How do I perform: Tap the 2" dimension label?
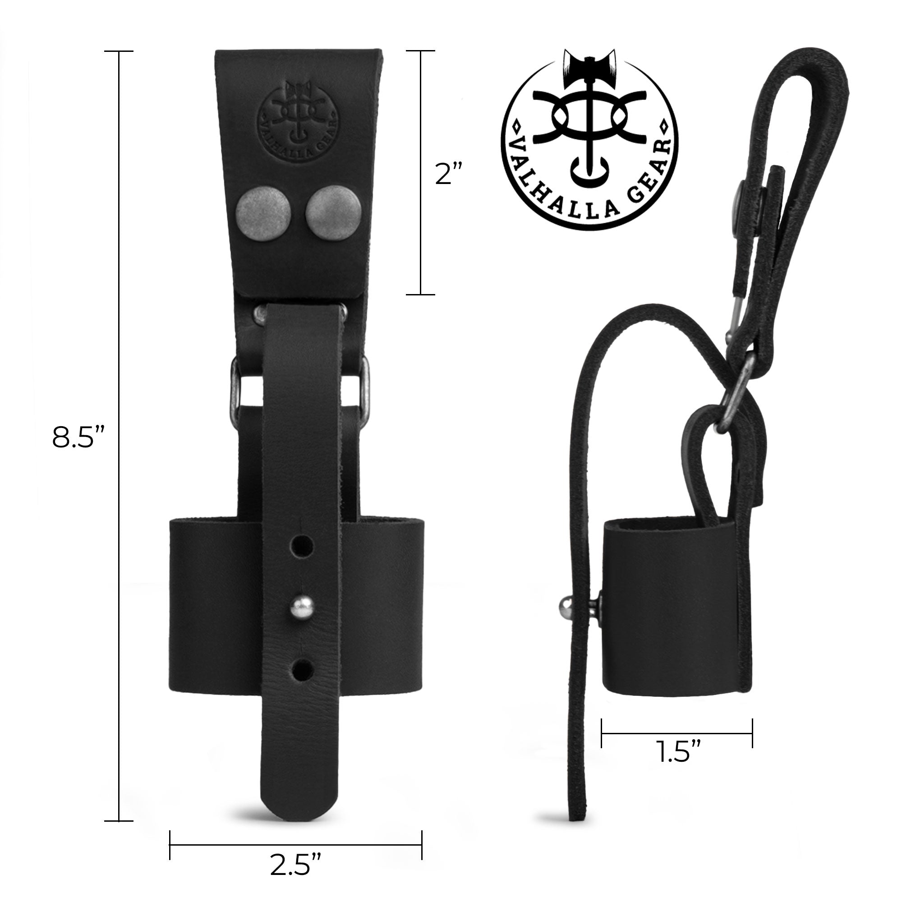click(448, 174)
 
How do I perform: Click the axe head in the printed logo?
click(589, 65)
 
